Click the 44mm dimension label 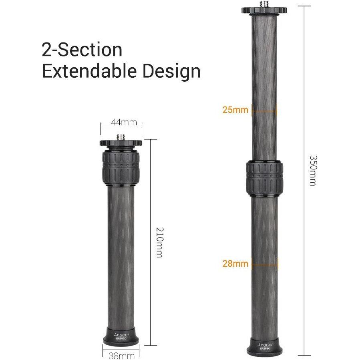tap(121, 122)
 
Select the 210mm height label tap(159, 242)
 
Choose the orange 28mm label tap(235, 263)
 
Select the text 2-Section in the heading tap(82, 50)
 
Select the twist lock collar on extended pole tap(265, 177)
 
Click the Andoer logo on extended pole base tap(265, 345)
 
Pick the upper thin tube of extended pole tap(264, 80)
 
